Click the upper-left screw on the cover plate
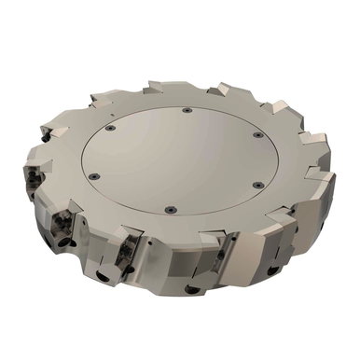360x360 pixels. click(x=110, y=128)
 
